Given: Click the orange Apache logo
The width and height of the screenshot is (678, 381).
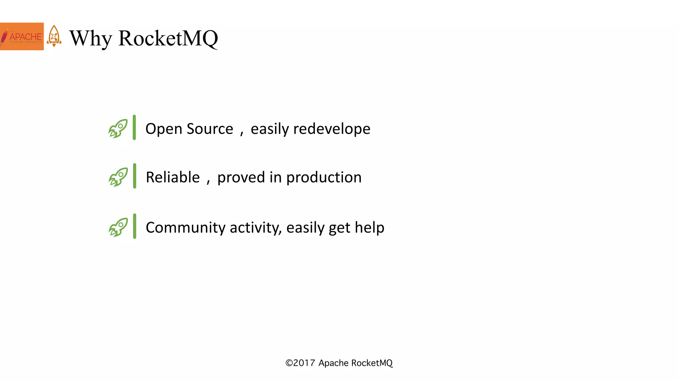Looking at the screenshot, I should pos(22,36).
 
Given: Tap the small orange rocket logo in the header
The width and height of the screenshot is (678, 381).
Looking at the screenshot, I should pos(54,36).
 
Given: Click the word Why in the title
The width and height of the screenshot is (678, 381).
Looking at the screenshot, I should pos(90,38).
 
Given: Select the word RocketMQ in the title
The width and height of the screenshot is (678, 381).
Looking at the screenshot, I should pos(168,38).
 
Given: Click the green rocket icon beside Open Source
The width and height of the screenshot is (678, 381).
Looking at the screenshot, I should pos(118,128).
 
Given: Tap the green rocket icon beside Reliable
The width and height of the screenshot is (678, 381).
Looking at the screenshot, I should pos(118,177).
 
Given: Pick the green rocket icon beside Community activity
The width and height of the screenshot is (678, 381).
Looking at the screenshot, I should pos(118,227).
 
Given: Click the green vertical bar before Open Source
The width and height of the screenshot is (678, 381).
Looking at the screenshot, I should pos(134,127).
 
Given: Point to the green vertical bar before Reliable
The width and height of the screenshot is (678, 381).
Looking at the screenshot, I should pos(134,176).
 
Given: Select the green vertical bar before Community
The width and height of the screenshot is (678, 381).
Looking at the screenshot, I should pos(134,226).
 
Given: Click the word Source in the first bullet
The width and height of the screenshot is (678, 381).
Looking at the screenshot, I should pos(210,129).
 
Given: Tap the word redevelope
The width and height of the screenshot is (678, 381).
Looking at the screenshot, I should pos(332,129).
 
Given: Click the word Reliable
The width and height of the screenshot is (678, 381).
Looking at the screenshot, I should pos(173,177).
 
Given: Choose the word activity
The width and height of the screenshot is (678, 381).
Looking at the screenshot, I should pos(256,228).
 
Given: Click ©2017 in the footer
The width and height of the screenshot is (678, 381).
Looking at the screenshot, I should pos(300,363).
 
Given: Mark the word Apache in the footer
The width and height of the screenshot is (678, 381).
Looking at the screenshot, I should pos(333,363).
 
